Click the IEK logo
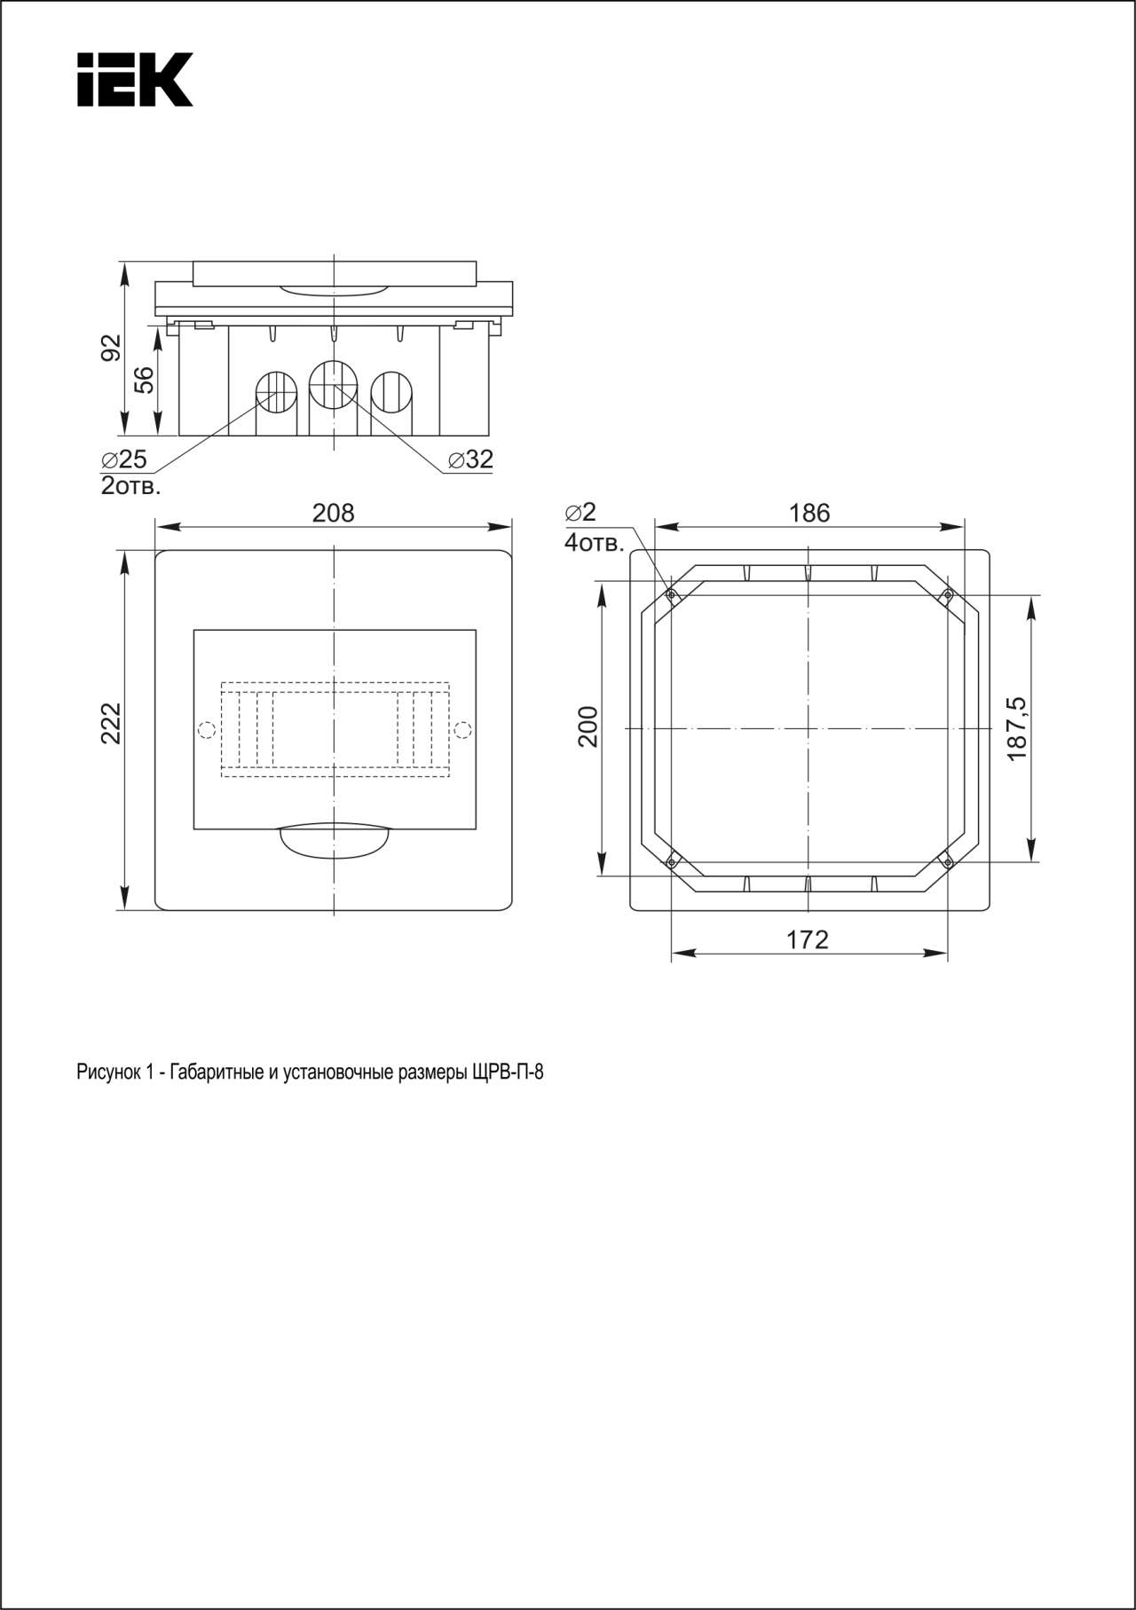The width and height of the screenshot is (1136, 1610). (x=135, y=80)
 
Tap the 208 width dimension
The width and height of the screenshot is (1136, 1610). (x=334, y=513)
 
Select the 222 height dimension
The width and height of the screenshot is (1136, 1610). (x=109, y=723)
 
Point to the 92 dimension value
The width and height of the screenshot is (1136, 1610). (x=110, y=348)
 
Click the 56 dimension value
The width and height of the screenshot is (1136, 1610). (x=144, y=380)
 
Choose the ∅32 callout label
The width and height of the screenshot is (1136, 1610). (x=470, y=459)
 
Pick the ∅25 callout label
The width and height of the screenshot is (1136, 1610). (x=124, y=459)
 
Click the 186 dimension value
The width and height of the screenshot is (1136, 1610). (x=809, y=513)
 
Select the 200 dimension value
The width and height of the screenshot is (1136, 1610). (x=588, y=726)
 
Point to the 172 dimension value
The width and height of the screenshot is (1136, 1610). (x=808, y=939)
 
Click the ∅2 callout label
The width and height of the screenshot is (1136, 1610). (x=580, y=513)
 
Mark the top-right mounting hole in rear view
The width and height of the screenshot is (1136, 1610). (x=947, y=593)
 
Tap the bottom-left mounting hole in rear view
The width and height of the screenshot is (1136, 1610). (x=672, y=861)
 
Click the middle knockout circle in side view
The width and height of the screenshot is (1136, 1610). (x=333, y=384)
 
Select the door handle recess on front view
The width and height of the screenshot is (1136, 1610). (x=335, y=842)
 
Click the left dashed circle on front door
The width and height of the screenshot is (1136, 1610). (x=206, y=730)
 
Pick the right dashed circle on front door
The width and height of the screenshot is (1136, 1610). (x=461, y=730)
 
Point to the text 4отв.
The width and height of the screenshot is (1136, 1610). (x=595, y=542)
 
